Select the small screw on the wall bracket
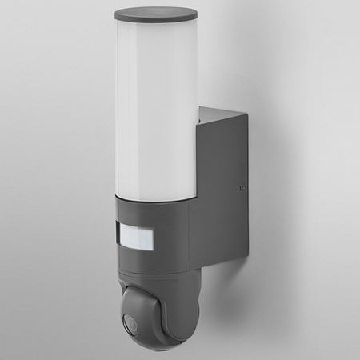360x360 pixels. tap(242, 190)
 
